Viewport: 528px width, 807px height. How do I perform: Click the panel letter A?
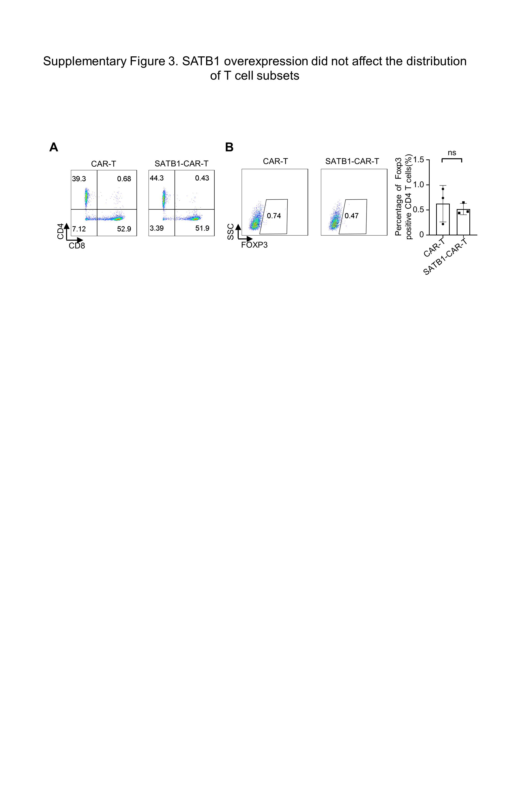point(54,147)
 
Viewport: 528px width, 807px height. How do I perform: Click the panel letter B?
point(229,147)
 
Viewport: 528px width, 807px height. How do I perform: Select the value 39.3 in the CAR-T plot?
point(79,179)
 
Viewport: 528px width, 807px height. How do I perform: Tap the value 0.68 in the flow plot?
point(124,179)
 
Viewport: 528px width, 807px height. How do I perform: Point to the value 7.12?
point(79,229)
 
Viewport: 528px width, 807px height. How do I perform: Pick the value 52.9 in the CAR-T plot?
point(124,229)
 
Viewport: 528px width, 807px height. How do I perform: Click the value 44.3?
point(157,178)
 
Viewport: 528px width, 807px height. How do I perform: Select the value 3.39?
point(157,228)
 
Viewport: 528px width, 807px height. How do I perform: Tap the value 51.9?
point(202,228)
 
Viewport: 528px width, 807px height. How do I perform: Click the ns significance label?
point(452,153)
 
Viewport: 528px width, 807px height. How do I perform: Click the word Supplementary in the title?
point(85,61)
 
